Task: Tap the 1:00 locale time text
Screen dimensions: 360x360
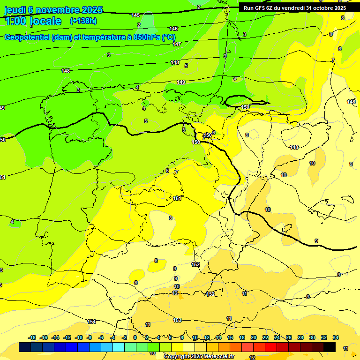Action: pyautogui.click(x=33, y=21)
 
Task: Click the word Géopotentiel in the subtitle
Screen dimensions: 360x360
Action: pyautogui.click(x=28, y=37)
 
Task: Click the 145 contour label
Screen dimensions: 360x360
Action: pyautogui.click(x=135, y=15)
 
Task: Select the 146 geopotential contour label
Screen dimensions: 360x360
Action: pyautogui.click(x=173, y=29)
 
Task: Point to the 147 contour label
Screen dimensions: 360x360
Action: pyautogui.click(x=176, y=44)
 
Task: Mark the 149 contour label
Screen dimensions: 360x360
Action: pyautogui.click(x=181, y=82)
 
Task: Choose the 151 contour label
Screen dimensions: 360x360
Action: pyautogui.click(x=177, y=198)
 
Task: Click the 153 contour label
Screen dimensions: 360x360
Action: pyautogui.click(x=177, y=320)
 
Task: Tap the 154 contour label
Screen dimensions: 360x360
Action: pyautogui.click(x=91, y=322)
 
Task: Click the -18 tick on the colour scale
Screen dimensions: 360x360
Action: pyautogui.click(x=32, y=337)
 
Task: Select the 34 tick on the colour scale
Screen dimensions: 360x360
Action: pyautogui.click(x=336, y=337)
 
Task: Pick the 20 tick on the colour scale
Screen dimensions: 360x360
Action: pyautogui.click(x=254, y=337)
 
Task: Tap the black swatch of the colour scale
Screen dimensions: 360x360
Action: pyautogui.click(x=330, y=347)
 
